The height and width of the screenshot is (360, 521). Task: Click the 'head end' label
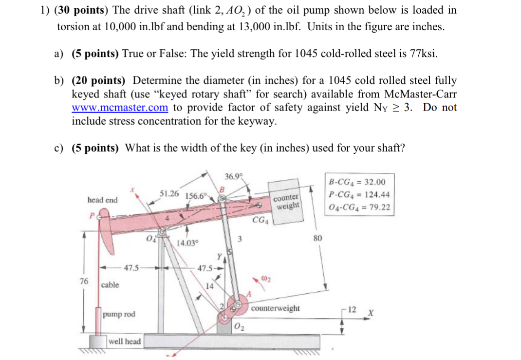point(102,200)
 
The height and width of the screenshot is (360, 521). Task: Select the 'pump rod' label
point(119,314)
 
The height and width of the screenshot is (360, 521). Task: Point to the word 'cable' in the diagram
point(110,284)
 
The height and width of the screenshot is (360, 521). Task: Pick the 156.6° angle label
point(197,196)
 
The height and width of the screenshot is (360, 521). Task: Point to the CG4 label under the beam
point(260,220)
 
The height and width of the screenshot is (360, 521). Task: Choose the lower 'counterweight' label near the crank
point(276,308)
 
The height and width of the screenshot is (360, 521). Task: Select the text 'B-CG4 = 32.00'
point(357,182)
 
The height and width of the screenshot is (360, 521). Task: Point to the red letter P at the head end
point(91,215)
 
